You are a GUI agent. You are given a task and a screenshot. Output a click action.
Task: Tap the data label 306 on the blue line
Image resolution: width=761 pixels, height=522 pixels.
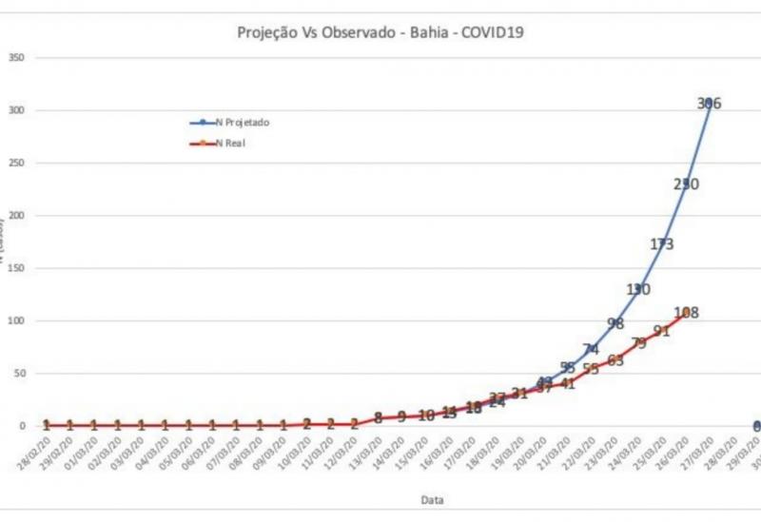tap(709, 104)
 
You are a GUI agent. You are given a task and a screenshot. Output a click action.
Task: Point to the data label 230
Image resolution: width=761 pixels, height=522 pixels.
tap(686, 184)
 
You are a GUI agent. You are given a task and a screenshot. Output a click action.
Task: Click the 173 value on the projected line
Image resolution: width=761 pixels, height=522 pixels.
tap(662, 244)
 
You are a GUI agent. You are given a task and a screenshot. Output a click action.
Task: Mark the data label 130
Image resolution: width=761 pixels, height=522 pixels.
tap(638, 289)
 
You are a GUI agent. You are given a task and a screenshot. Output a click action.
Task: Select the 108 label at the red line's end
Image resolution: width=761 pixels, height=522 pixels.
tap(686, 313)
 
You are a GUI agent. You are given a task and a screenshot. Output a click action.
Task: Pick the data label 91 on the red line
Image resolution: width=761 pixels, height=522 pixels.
tap(662, 331)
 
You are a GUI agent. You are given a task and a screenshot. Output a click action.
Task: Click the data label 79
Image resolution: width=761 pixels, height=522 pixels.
tap(638, 343)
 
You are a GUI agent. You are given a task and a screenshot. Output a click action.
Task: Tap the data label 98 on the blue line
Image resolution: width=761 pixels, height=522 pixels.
tap(615, 323)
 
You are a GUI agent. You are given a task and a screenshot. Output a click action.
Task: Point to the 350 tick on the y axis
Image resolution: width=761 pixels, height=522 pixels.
tap(16, 58)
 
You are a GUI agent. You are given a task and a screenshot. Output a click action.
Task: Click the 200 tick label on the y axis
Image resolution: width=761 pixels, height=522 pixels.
tap(16, 216)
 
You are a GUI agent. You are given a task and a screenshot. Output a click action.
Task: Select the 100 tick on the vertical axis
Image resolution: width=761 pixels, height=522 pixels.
tap(16, 321)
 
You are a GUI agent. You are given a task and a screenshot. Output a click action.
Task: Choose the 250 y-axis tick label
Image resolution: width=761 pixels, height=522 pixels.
tap(16, 164)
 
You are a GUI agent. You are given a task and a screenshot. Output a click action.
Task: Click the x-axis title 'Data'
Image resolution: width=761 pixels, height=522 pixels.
tap(432, 499)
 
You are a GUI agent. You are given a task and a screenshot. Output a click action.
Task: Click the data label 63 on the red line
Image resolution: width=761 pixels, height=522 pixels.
tap(615, 360)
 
